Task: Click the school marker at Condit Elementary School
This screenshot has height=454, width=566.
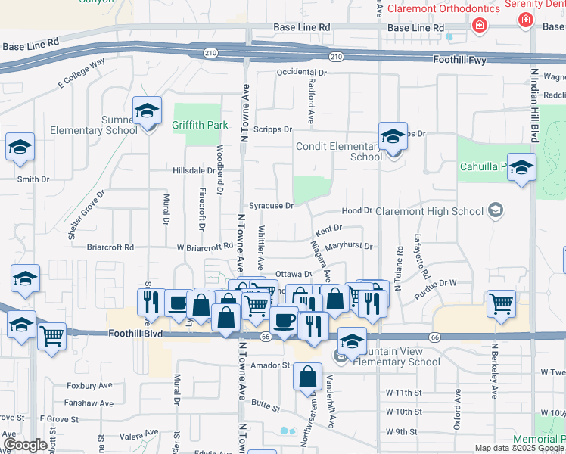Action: pyautogui.click(x=393, y=137)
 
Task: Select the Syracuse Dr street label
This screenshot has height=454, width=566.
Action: pyautogui.click(x=271, y=206)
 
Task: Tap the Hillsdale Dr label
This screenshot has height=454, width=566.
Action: pyautogui.click(x=194, y=171)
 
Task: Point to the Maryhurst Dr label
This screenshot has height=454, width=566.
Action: pyautogui.click(x=349, y=246)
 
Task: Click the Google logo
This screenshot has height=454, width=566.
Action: pyautogui.click(x=25, y=446)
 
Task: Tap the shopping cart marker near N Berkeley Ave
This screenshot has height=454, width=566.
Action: pyautogui.click(x=501, y=304)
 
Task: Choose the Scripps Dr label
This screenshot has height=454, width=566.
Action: pyautogui.click(x=272, y=129)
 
